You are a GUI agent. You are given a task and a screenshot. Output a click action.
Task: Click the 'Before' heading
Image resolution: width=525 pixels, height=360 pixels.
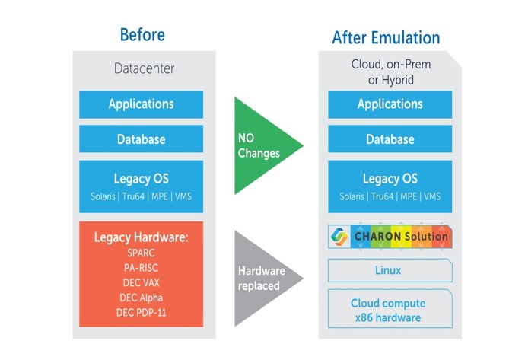(x=142, y=35)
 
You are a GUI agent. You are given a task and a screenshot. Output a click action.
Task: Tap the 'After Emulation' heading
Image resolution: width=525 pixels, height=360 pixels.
(x=386, y=38)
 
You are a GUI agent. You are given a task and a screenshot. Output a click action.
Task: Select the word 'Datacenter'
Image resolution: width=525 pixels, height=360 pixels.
(x=144, y=68)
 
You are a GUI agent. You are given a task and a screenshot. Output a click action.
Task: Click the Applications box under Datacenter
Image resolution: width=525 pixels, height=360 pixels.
(x=141, y=104)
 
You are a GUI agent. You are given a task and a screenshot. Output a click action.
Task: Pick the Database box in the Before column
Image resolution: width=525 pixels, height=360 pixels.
(x=141, y=139)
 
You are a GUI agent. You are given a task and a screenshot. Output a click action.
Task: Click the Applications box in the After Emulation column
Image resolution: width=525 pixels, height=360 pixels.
(x=390, y=104)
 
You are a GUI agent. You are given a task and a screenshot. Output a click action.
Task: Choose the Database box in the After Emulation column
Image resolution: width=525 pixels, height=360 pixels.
(x=390, y=139)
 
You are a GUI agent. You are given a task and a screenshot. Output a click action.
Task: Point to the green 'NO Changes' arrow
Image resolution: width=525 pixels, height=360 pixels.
(x=262, y=145)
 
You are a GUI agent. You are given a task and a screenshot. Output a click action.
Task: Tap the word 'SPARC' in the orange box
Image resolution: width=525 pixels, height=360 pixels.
(x=141, y=253)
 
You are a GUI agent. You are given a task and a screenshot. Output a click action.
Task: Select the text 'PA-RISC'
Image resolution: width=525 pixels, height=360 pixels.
(x=141, y=267)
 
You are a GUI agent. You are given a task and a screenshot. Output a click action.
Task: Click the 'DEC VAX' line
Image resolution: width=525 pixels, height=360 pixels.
(x=141, y=282)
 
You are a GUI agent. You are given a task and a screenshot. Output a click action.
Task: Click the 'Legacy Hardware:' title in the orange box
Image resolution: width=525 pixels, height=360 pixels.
(x=141, y=237)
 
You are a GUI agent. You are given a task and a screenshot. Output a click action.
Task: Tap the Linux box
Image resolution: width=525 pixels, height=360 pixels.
(x=390, y=270)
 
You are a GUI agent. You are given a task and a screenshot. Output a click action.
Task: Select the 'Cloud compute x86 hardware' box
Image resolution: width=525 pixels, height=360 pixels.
(x=390, y=309)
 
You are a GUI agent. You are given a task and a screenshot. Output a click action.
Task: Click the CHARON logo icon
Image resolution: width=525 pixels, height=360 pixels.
(x=339, y=237)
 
